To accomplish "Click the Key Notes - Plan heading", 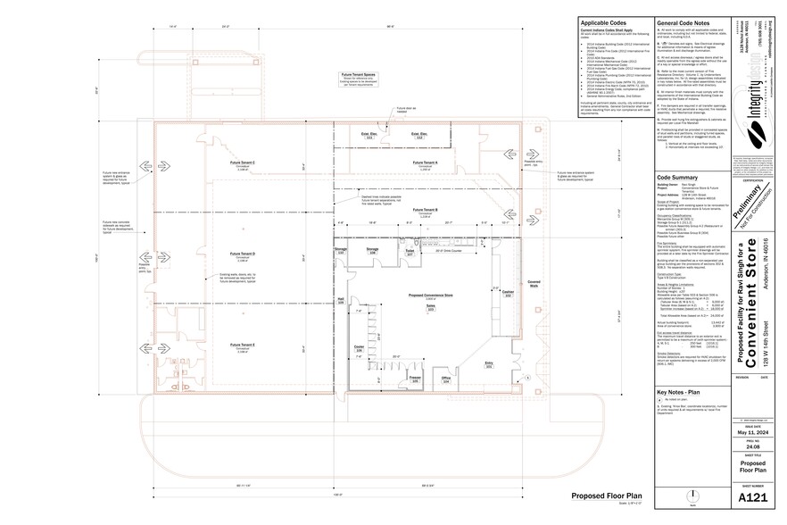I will point(682,393).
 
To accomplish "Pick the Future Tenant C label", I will point(243,162).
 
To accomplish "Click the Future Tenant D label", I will point(243,254).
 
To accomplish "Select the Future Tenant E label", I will point(243,344).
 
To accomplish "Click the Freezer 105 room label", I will point(414,379).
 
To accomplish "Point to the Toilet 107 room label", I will point(410,253).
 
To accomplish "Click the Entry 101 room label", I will point(488,363).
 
